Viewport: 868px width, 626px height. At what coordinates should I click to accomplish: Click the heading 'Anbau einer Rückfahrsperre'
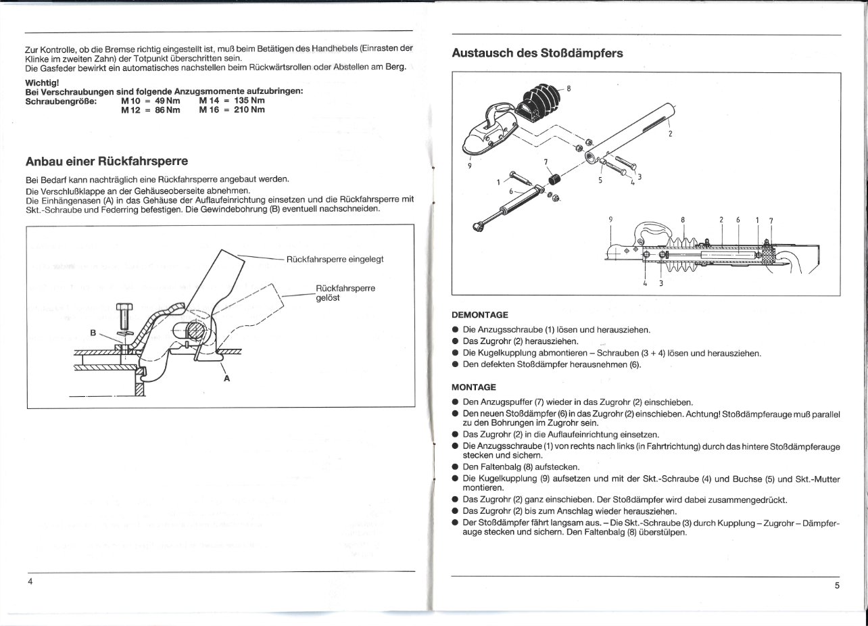pyautogui.click(x=106, y=162)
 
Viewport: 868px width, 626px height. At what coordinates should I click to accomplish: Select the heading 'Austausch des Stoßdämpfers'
pyautogui.click(x=537, y=53)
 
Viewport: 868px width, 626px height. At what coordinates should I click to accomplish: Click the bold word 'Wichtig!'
pyautogui.click(x=43, y=82)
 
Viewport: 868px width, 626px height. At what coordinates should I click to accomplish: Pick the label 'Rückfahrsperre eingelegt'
pyautogui.click(x=335, y=259)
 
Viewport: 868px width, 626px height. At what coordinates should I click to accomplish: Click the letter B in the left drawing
pyautogui.click(x=94, y=332)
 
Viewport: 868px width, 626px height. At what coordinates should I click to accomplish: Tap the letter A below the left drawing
pyautogui.click(x=226, y=379)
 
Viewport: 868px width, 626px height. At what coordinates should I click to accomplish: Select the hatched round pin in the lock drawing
pyautogui.click(x=194, y=331)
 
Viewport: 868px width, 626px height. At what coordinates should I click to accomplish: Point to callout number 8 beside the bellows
pyautogui.click(x=569, y=88)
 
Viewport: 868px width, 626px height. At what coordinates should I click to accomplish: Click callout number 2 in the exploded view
pyautogui.click(x=670, y=133)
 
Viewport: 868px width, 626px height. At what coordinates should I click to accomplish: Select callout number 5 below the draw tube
pyautogui.click(x=600, y=180)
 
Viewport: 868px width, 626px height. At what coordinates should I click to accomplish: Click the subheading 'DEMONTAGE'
pyautogui.click(x=479, y=315)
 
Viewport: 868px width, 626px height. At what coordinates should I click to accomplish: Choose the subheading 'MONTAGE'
pyautogui.click(x=474, y=388)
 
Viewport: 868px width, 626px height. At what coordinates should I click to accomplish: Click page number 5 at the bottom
pyautogui.click(x=836, y=585)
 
